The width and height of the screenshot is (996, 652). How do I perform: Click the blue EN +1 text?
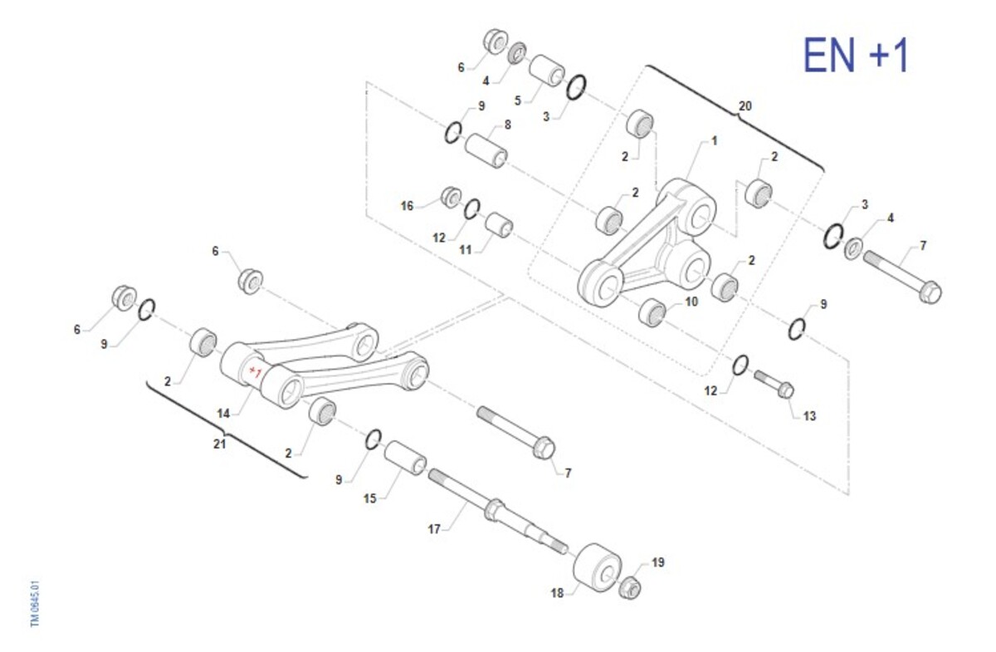(x=857, y=55)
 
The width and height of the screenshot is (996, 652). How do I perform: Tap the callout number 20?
(x=745, y=106)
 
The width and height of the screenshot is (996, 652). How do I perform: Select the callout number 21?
(x=220, y=444)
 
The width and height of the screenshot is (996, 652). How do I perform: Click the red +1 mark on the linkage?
(x=256, y=371)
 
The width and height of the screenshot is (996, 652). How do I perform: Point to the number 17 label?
(x=434, y=529)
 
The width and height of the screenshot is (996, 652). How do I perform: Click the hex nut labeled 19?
(x=630, y=587)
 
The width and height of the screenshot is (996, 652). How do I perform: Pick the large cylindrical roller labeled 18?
(x=597, y=567)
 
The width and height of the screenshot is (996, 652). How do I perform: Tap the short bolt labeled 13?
(x=774, y=384)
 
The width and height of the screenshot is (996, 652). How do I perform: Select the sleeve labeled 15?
(x=405, y=458)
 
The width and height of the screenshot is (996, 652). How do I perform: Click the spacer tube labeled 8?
(x=486, y=150)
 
